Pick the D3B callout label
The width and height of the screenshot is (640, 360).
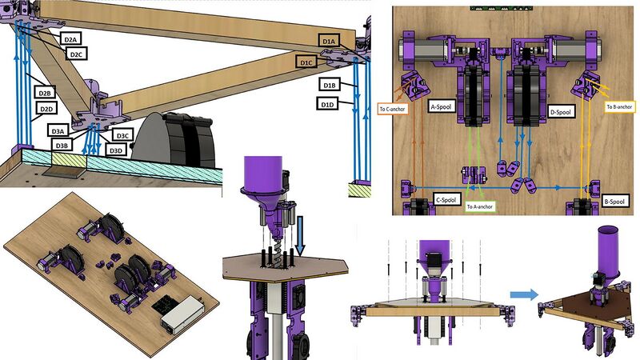pyautogui.click(x=62, y=145)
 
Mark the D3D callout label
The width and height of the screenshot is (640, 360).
pyautogui.click(x=117, y=150)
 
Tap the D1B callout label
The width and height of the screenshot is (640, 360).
pyautogui.click(x=329, y=84)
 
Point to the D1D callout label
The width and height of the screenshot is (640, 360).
pyautogui.click(x=326, y=104)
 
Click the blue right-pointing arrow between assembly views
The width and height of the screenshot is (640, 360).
pyautogui.click(x=524, y=294)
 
